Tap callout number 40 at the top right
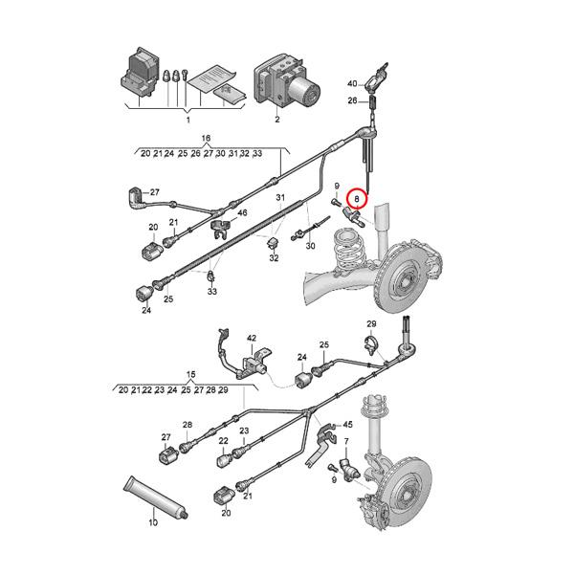[351, 83]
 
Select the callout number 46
[242, 212]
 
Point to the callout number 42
[253, 339]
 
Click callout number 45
[348, 425]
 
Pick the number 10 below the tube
[152, 523]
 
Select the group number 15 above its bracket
[190, 377]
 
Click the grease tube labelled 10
[155, 495]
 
